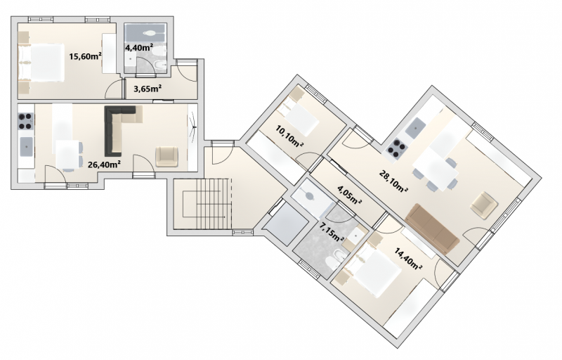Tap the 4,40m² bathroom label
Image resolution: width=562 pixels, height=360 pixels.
tap(139, 47)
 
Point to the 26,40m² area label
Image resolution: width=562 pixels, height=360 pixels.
tap(104, 165)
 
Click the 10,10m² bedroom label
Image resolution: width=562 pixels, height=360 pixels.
tap(289, 136)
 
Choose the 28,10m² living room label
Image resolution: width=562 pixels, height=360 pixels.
tap(393, 181)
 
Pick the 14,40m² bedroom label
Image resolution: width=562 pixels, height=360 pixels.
tap(408, 259)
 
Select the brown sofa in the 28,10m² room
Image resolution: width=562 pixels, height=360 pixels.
tap(432, 229)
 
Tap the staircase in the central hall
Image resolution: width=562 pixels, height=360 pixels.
tap(206, 205)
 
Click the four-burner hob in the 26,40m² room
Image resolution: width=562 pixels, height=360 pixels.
tap(26, 121)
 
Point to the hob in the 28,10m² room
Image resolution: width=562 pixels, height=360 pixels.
tap(397, 149)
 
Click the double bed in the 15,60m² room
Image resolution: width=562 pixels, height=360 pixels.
tap(41, 63)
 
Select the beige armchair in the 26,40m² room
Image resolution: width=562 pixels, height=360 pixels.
tap(166, 157)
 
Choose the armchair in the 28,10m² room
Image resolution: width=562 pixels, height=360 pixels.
tap(484, 205)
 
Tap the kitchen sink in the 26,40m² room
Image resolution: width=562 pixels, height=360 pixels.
tap(27, 146)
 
